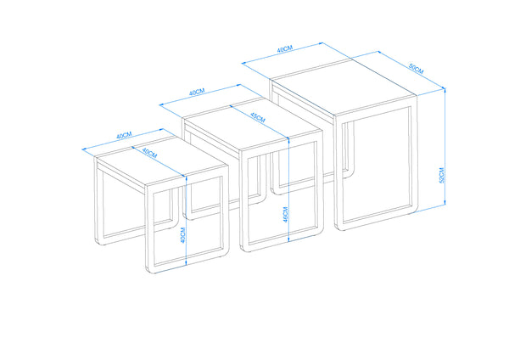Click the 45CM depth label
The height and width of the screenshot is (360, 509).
[257, 117]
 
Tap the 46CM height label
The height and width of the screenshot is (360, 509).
[285, 215]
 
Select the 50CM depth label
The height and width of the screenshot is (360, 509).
[416, 69]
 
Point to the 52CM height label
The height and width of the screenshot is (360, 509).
[441, 176]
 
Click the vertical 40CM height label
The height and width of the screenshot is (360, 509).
[182, 235]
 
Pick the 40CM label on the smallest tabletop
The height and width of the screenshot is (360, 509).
[149, 153]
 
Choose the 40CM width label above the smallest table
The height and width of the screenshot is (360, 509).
[124, 136]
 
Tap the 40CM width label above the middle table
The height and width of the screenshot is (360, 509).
[197, 92]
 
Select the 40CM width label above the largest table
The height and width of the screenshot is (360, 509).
[285, 49]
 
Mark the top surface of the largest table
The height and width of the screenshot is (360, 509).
[344, 87]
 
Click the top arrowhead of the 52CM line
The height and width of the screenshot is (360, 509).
[445, 91]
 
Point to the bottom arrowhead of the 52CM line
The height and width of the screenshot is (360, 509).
[445, 203]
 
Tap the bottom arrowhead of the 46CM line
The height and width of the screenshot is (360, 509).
[288, 239]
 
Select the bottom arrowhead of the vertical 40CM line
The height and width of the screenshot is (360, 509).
[186, 263]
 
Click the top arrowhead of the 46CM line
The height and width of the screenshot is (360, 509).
[288, 140]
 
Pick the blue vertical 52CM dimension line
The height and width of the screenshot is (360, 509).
[445, 147]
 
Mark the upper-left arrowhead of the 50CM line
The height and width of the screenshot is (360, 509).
[379, 53]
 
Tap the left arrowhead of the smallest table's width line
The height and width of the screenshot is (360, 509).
[85, 149]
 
